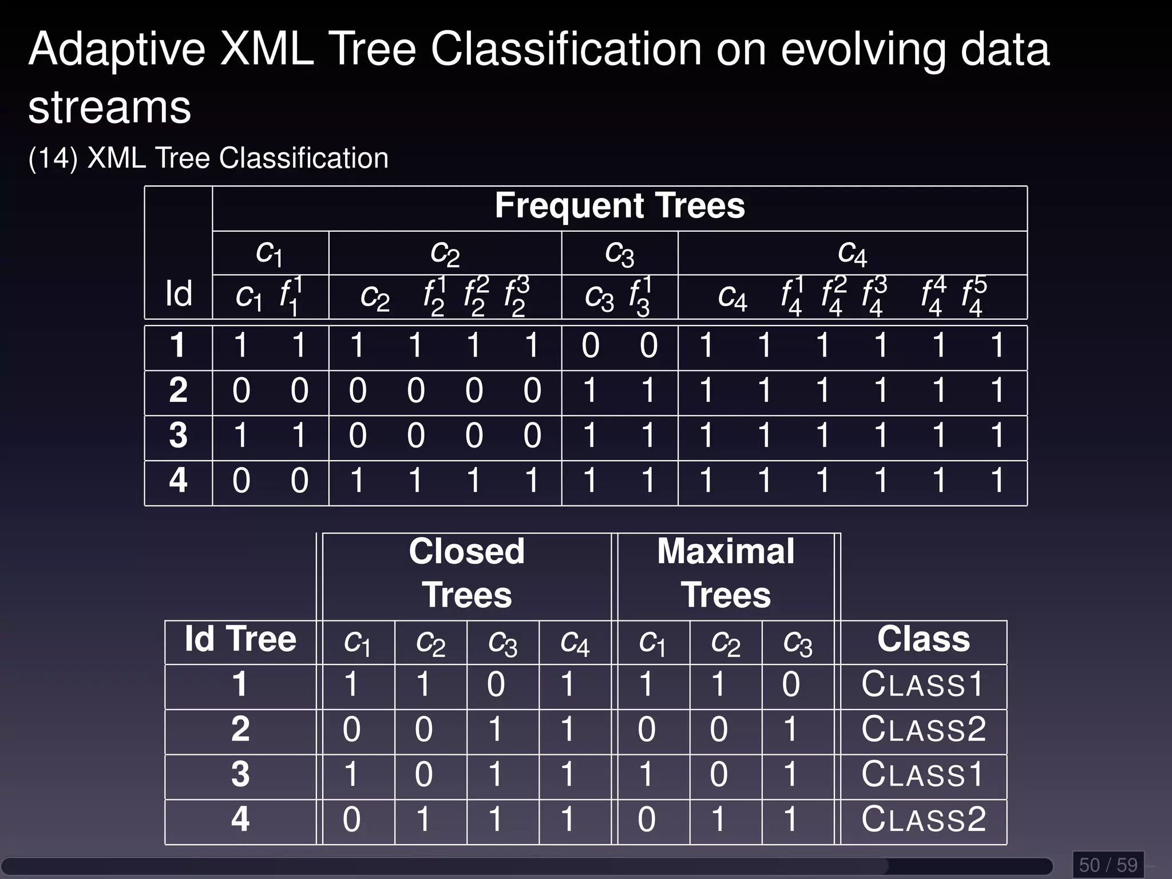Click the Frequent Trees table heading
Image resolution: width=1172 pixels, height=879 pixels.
click(x=620, y=206)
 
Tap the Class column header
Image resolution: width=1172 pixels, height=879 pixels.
click(x=924, y=639)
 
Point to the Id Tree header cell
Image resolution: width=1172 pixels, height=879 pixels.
click(x=240, y=639)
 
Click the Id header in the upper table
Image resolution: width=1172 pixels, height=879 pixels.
click(x=179, y=294)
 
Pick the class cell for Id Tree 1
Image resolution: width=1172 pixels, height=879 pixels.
click(x=922, y=684)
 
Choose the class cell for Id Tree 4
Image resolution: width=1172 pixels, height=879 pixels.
click(x=924, y=819)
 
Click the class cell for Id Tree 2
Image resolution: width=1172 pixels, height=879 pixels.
click(x=924, y=730)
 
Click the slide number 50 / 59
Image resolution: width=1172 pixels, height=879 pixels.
click(x=1108, y=865)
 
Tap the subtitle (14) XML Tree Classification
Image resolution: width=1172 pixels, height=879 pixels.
click(x=208, y=159)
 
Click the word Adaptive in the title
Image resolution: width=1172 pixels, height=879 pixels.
click(x=117, y=50)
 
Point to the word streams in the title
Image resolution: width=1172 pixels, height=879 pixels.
click(x=109, y=108)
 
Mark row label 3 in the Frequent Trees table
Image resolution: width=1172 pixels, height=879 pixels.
click(x=179, y=436)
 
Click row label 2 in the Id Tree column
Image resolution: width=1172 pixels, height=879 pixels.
click(x=240, y=730)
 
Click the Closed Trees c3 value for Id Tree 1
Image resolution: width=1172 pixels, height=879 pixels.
click(x=496, y=684)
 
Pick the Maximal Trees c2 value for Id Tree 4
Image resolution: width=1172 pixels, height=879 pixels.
click(x=719, y=819)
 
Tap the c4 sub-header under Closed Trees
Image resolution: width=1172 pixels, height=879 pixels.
click(x=575, y=643)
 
